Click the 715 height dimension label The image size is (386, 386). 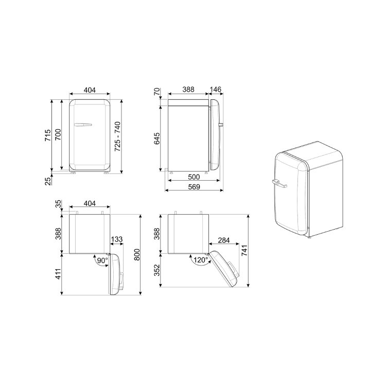47,135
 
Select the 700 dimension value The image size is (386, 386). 58,134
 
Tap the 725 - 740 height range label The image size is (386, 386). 118,136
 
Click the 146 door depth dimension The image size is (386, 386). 216,90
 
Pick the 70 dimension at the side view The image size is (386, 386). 156,92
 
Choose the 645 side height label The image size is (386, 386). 156,138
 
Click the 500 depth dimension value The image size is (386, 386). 194,177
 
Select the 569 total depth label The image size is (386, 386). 194,187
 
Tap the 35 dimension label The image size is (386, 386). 58,204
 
